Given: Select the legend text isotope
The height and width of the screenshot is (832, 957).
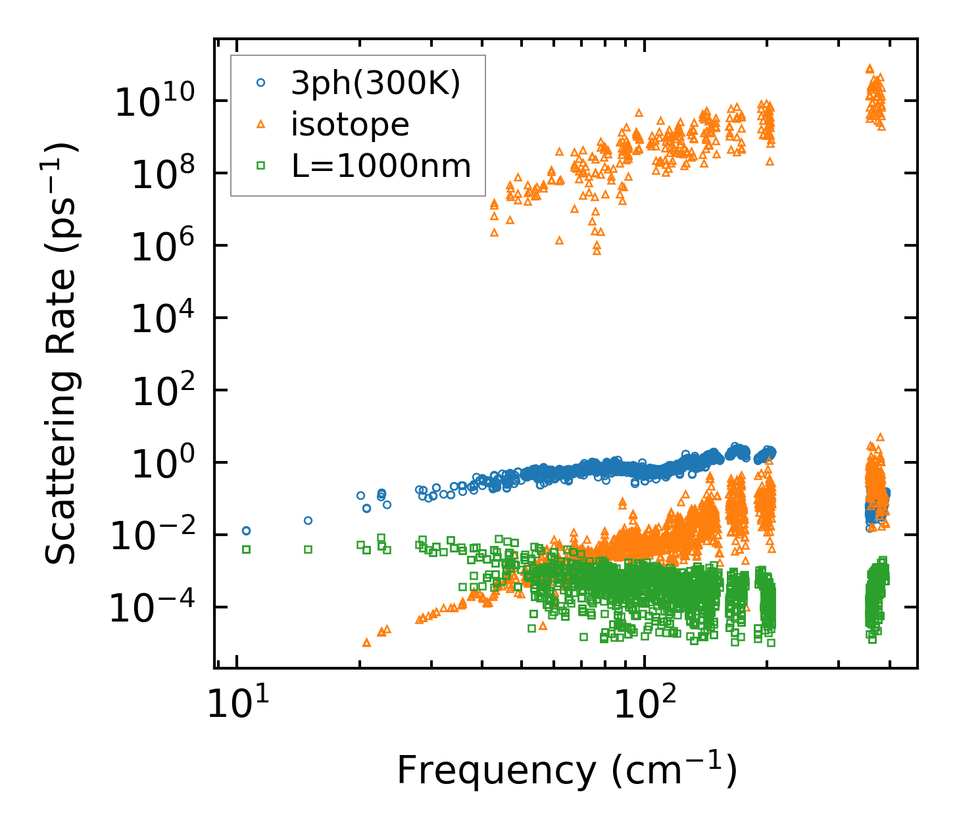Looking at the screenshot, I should tap(350, 124).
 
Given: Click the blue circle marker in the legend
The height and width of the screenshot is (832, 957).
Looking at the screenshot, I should tap(260, 83).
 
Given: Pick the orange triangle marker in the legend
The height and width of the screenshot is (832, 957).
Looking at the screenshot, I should tap(260, 124).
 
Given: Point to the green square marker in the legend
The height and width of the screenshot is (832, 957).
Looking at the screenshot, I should tap(260, 166).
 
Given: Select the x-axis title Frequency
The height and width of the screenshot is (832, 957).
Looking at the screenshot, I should tap(566, 771).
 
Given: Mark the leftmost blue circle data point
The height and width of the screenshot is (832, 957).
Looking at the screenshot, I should tap(246, 531).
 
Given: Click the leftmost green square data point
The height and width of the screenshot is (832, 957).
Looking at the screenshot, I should tap(246, 549).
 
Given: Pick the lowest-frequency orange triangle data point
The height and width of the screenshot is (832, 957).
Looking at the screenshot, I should tap(366, 642).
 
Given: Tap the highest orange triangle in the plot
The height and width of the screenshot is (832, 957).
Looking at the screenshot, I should tap(870, 68).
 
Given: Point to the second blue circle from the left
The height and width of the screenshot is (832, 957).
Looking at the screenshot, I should tap(308, 520).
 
